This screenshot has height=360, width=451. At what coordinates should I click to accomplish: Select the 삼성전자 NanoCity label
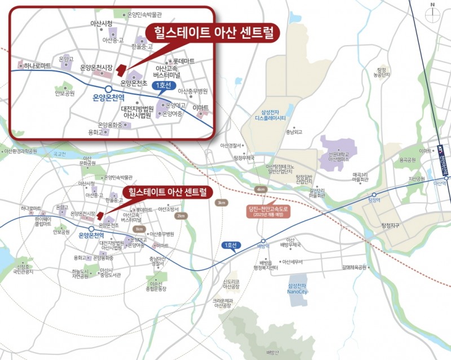tap(298, 288)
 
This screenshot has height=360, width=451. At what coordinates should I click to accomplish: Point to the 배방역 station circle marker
tap(263, 241)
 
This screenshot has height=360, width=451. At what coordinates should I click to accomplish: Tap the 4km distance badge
tap(260, 190)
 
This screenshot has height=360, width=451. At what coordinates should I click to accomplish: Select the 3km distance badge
tap(222, 203)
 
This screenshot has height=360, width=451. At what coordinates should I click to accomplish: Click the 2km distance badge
tap(180, 216)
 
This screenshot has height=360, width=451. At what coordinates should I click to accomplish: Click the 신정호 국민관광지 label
tap(24, 269)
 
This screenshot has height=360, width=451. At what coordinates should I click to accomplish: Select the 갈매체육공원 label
tap(354, 267)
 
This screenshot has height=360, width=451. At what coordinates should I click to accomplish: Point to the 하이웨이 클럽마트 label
tap(42, 220)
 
